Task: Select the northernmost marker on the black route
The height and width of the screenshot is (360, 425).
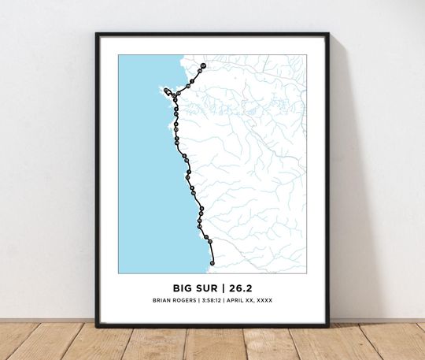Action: tap(202, 65)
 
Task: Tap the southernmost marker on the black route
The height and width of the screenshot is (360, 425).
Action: tap(212, 263)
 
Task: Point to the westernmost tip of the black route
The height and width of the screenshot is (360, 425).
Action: tap(165, 90)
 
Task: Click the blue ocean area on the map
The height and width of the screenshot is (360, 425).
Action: tap(142, 173)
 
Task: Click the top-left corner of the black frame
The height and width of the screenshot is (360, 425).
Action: tap(97, 34)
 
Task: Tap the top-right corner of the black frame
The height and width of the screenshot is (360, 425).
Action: tap(328, 34)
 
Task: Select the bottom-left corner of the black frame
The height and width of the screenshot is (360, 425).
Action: tap(97, 326)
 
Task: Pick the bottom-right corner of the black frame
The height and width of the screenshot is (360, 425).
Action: tap(328, 326)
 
